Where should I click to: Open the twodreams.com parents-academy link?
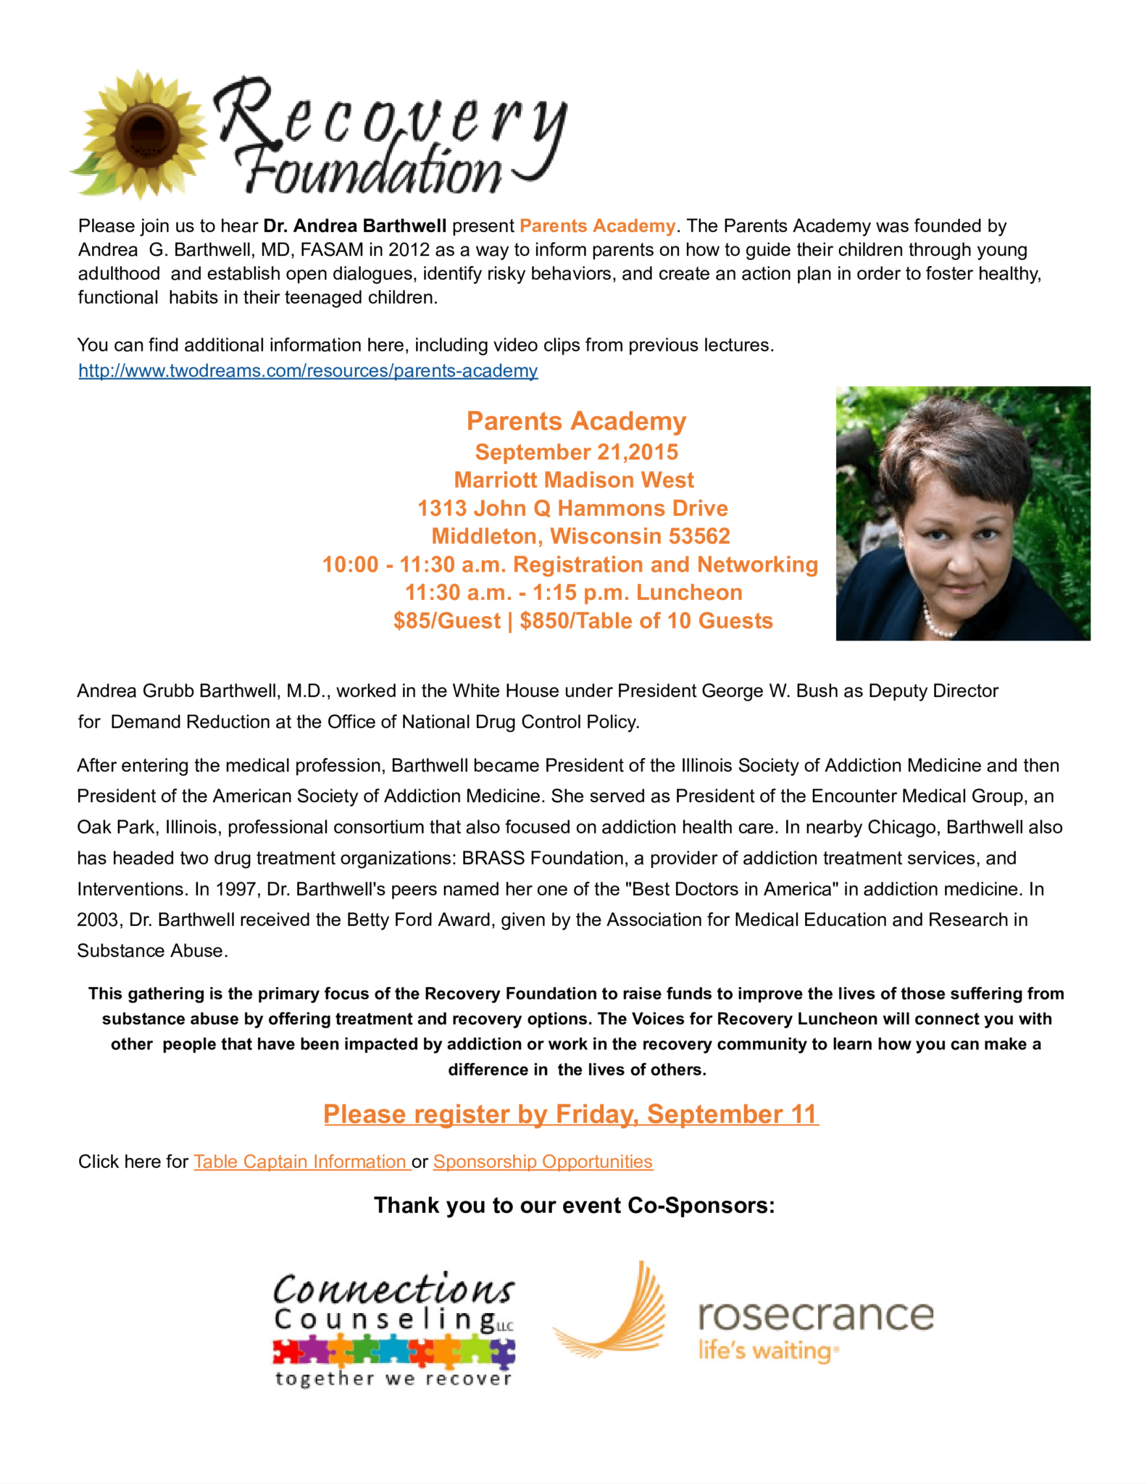(x=308, y=371)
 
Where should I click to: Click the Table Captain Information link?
(x=301, y=1162)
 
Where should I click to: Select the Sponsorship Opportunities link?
(x=543, y=1162)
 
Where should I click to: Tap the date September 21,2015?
(x=577, y=452)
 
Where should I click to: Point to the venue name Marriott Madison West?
(x=574, y=480)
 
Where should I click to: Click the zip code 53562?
(x=699, y=536)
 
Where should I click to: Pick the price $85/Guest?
(x=446, y=621)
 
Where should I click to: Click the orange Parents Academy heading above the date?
(x=576, y=421)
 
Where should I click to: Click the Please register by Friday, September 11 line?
(x=571, y=1114)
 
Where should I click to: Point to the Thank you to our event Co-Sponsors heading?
(x=574, y=1205)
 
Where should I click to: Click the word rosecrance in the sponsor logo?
(x=816, y=1315)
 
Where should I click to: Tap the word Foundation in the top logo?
(x=372, y=172)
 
